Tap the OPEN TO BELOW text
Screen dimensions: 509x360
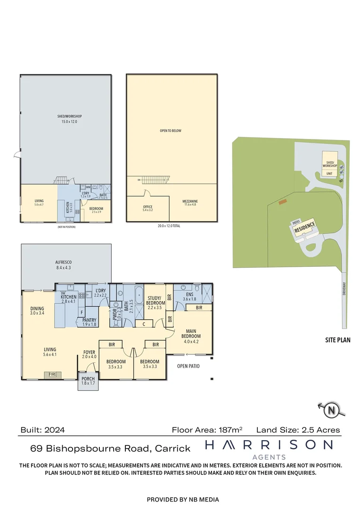click(170, 131)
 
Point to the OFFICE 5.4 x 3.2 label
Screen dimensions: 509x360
click(147, 208)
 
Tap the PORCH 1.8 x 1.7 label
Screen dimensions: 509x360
click(88, 381)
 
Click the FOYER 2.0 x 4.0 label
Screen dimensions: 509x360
click(90, 354)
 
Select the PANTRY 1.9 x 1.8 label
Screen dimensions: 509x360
click(89, 322)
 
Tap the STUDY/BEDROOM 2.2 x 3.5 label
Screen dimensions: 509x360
click(155, 300)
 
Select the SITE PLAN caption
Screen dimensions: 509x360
click(338, 340)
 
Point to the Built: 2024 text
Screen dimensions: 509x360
click(42, 430)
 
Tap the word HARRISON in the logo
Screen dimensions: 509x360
click(269, 444)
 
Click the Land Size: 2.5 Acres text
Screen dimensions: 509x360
click(298, 430)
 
